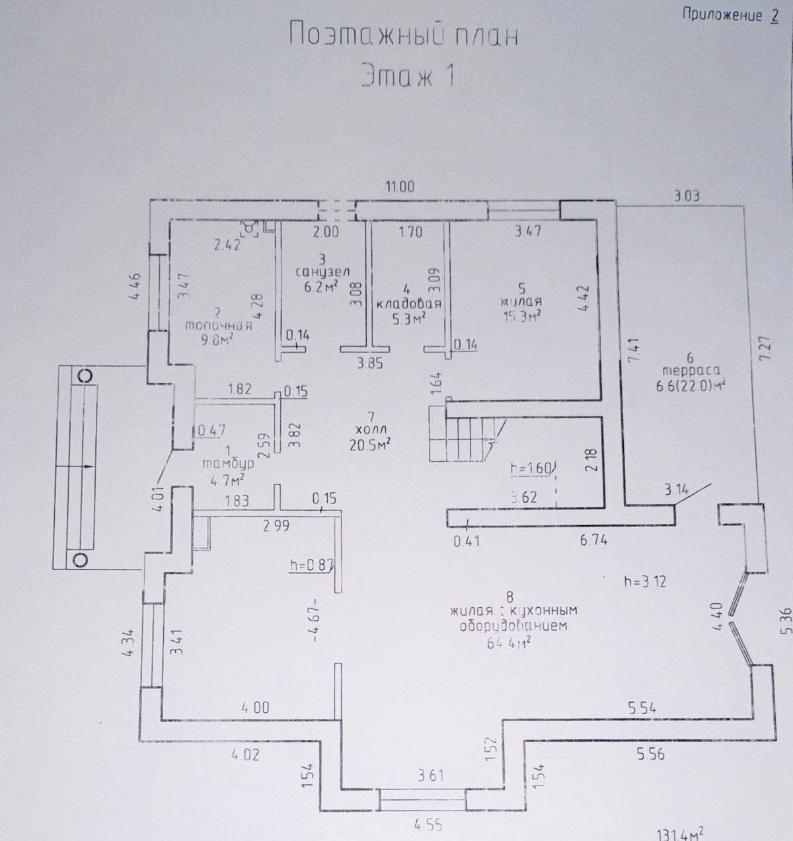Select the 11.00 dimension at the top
click(400, 187)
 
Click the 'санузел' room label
click(322, 272)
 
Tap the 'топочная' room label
click(219, 325)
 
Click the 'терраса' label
click(688, 371)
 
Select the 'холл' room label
click(371, 430)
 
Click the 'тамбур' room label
click(228, 463)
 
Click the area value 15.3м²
click(522, 316)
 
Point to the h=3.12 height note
click(644, 581)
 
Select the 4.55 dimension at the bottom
click(428, 824)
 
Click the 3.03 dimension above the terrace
click(686, 196)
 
